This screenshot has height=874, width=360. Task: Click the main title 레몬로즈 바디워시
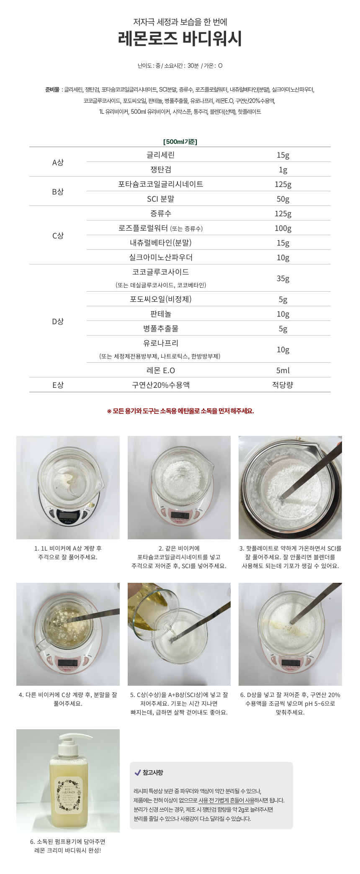point(180,38)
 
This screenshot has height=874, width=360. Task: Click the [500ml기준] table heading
point(180,142)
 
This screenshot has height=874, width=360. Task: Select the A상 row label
point(58,162)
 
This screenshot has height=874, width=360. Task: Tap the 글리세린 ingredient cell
point(160,155)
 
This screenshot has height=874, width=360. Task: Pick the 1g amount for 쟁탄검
point(283,169)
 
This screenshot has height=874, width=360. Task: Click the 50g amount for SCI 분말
point(283,199)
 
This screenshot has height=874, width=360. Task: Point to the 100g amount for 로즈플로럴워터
point(283,228)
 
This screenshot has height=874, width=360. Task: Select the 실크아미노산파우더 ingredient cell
point(161,257)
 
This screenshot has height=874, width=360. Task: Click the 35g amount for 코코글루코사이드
point(283,278)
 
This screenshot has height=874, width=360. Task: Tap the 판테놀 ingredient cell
point(161,314)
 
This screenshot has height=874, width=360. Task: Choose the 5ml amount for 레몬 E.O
point(283,370)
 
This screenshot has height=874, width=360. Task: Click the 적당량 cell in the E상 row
point(283,385)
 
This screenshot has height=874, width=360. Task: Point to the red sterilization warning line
point(180,411)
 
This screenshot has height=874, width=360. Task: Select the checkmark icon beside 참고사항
point(137,772)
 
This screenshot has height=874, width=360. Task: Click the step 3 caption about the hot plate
point(290,557)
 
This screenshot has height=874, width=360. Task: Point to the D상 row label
point(58,321)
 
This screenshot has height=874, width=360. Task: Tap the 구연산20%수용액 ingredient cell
point(161,385)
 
